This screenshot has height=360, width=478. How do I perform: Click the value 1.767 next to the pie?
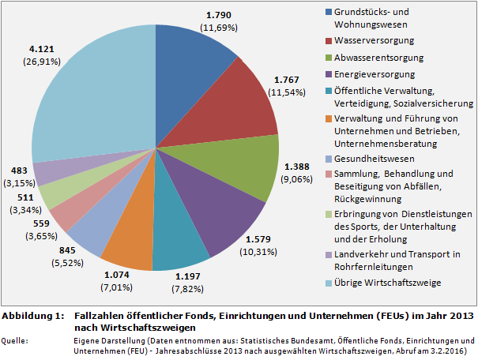coord(289,80)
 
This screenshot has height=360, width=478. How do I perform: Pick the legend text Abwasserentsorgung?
coord(379,58)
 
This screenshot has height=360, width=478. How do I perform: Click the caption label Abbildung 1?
coord(32,316)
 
